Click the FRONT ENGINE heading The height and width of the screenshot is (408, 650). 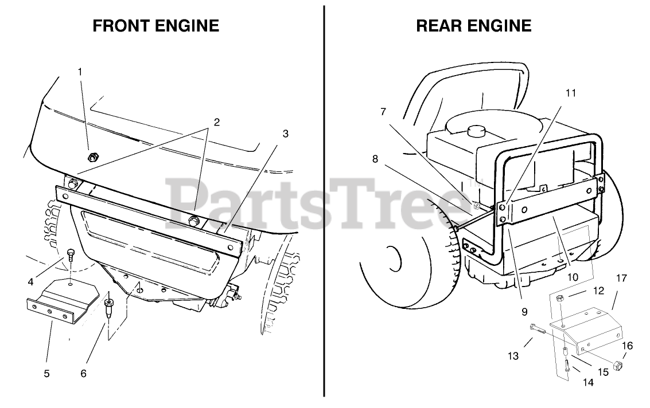tap(156, 26)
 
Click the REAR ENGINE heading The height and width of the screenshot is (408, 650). tap(474, 26)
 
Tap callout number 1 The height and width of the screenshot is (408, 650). tap(80, 72)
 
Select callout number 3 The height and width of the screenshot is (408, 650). tap(286, 134)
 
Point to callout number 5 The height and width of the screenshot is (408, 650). tap(46, 374)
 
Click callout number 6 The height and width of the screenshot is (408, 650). tap(83, 374)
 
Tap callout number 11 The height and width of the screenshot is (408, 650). tap(570, 92)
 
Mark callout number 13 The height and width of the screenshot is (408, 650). tap(513, 356)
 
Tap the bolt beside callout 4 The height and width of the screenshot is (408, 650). tap(71, 254)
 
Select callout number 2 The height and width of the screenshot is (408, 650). tap(216, 122)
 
